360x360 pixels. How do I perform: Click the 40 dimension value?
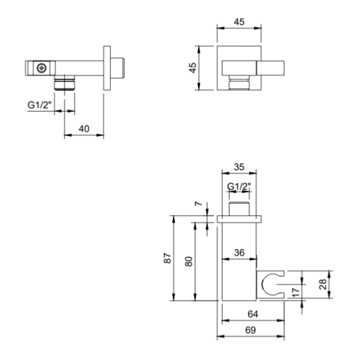tap(84, 129)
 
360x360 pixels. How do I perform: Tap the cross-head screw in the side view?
tap(42, 68)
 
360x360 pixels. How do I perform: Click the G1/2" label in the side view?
tap(40, 105)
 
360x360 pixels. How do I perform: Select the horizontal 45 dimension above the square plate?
tap(239, 22)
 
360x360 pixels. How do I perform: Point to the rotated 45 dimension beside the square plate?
tap(193, 68)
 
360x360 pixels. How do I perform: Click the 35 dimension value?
tap(239, 167)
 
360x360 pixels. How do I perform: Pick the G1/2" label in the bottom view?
tap(239, 186)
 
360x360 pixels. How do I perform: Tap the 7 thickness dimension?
tap(199, 204)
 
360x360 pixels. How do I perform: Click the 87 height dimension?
tap(168, 258)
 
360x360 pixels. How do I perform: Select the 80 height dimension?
tap(189, 261)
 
